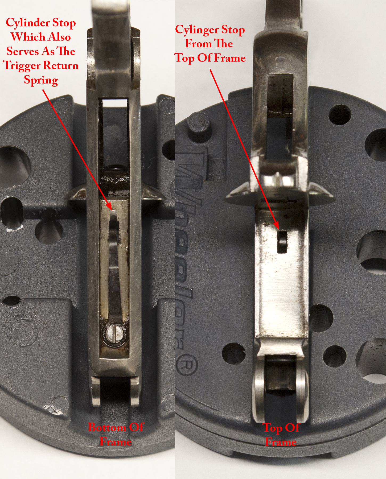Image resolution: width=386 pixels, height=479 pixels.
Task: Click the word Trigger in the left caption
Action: (22, 66)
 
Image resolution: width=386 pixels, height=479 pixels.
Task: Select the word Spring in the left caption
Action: (41, 80)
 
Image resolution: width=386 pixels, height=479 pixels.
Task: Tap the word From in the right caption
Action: (198, 44)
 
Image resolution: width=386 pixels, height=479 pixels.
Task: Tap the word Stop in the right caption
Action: (234, 30)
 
